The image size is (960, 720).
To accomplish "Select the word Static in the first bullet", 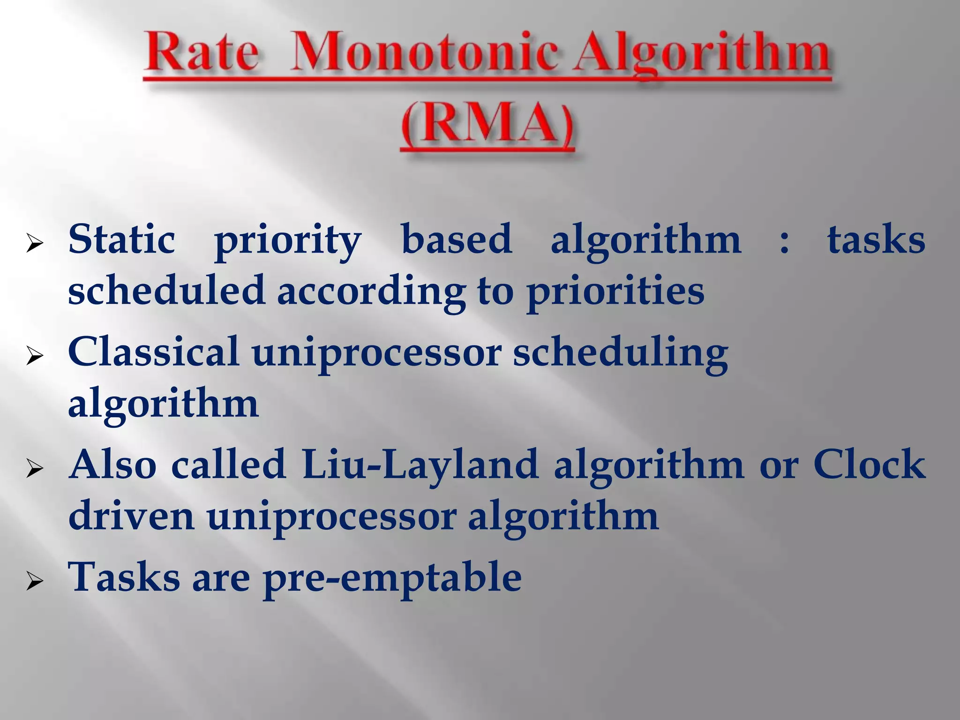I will coord(121,240).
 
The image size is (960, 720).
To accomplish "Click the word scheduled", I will coord(166,291).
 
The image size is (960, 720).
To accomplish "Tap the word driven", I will coord(131,516).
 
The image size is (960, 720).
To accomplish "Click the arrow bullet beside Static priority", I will coord(35,244).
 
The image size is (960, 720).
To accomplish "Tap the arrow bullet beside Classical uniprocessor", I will coord(35,357).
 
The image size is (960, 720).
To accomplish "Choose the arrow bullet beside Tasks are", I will coord(35,582).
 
